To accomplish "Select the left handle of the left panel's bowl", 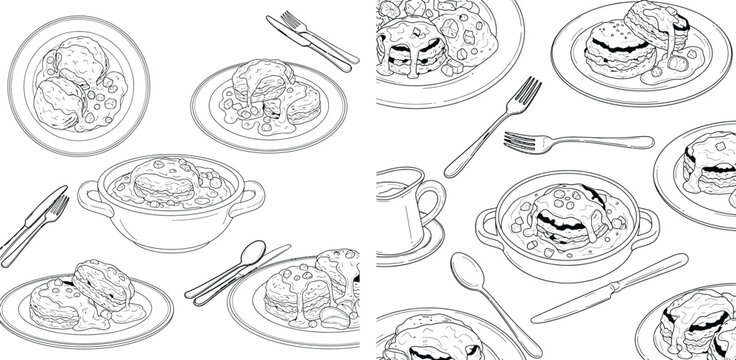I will [86, 191].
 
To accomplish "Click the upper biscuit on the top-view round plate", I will [81, 62].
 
